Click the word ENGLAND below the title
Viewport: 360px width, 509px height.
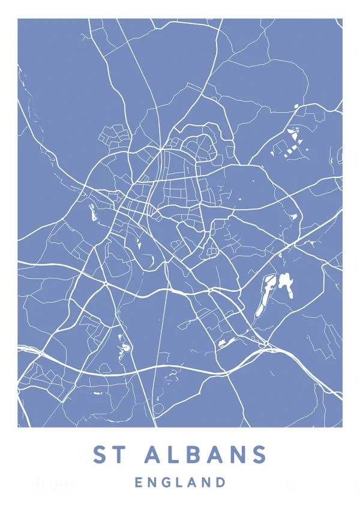coord(181,482)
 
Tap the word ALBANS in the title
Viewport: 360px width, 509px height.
coord(206,455)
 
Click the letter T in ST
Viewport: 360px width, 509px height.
coord(120,455)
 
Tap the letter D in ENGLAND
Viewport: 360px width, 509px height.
coord(222,482)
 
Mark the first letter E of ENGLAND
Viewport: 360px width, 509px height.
coord(139,482)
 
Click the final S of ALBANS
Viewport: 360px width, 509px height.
coord(259,455)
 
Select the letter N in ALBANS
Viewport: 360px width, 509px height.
coord(239,455)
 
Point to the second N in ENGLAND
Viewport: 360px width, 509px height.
coord(208,482)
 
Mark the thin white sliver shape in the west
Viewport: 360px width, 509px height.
coord(92,211)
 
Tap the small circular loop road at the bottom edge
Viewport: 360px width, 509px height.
coord(158,409)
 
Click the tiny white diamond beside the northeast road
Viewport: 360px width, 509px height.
coord(296,106)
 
